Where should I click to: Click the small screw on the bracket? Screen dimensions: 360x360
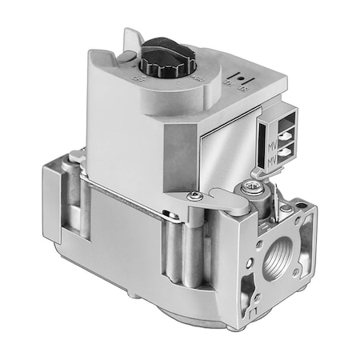(x=193, y=195)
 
